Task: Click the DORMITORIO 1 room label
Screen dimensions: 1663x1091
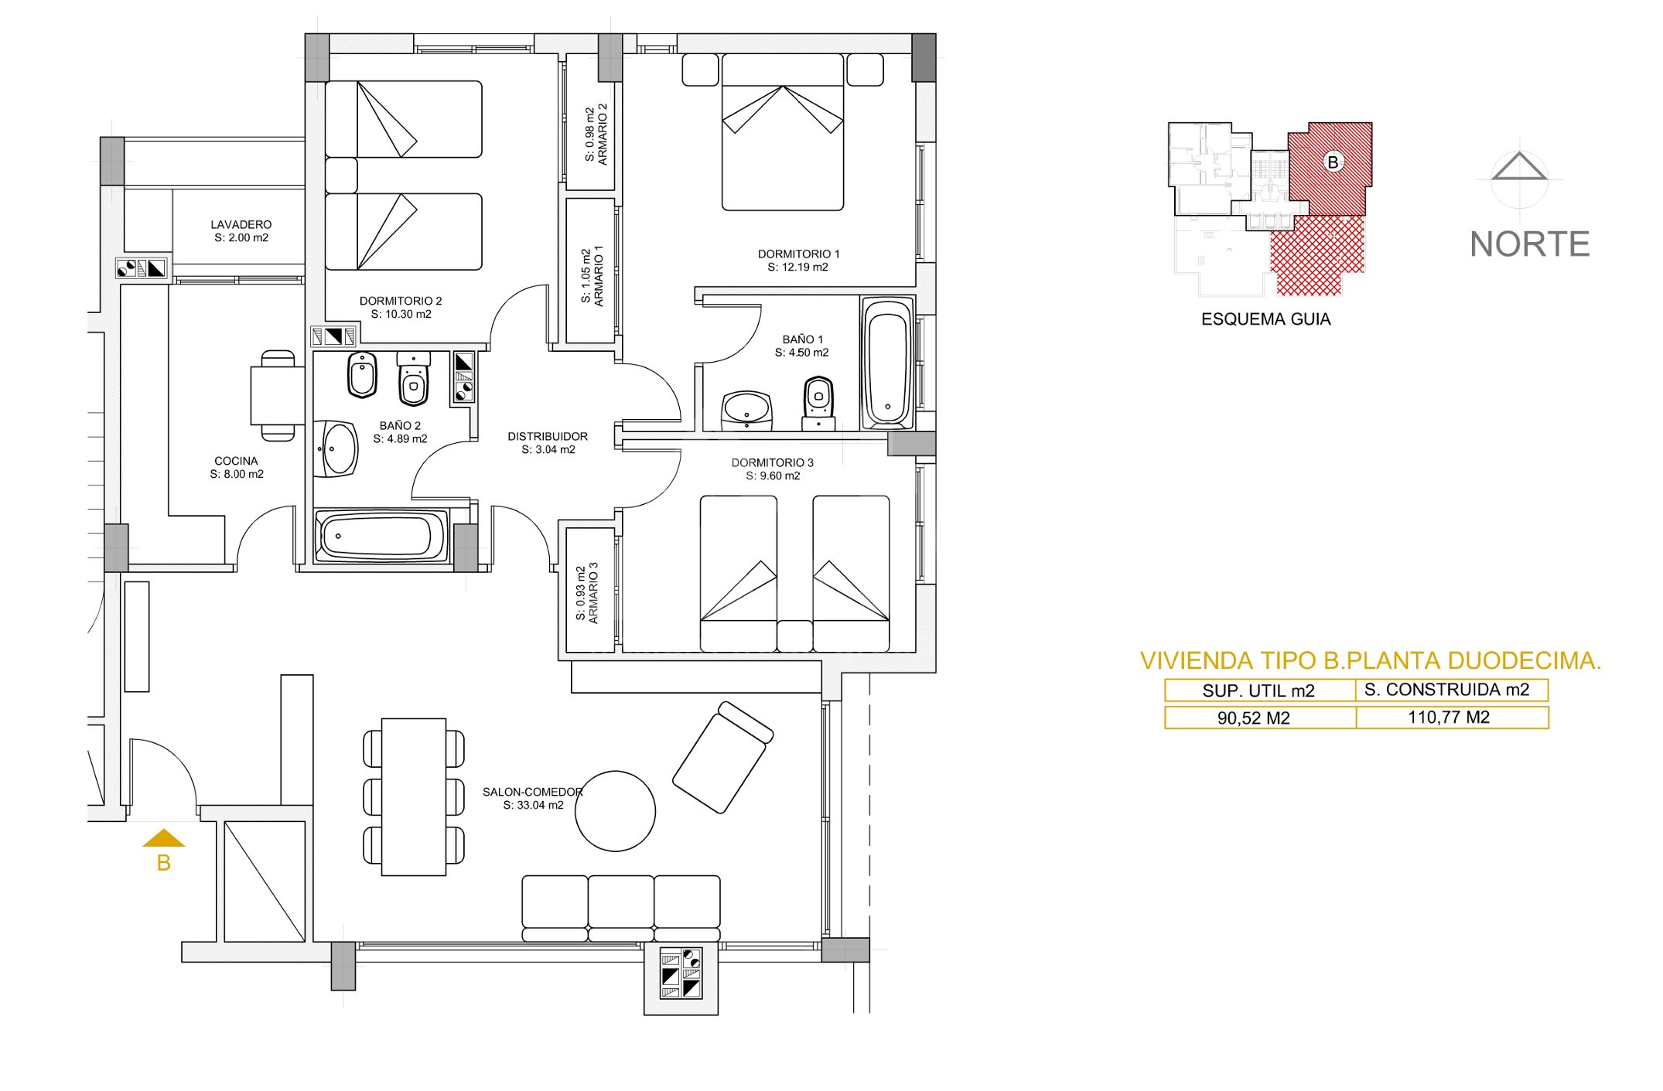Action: tap(798, 254)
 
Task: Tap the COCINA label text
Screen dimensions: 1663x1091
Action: tap(236, 461)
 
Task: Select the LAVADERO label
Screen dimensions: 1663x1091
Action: tap(241, 225)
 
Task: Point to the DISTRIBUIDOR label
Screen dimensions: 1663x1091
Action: tap(548, 436)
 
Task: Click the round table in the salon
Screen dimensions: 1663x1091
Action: tap(616, 811)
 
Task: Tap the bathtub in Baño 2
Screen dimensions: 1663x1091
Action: tap(381, 535)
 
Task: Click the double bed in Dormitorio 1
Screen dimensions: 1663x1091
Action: tap(782, 131)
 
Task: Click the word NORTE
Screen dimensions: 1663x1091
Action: tap(1529, 244)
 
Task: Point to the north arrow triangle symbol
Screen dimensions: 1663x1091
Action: tap(1519, 166)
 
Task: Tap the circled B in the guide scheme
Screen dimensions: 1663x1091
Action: tap(1333, 162)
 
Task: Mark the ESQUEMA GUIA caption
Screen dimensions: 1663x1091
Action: tap(1265, 319)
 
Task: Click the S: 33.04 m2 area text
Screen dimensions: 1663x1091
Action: tap(533, 805)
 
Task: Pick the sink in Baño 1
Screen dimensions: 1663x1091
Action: tap(746, 409)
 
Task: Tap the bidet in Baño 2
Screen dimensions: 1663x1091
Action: tap(362, 375)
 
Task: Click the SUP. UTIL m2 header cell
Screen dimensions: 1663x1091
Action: tap(1260, 690)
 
